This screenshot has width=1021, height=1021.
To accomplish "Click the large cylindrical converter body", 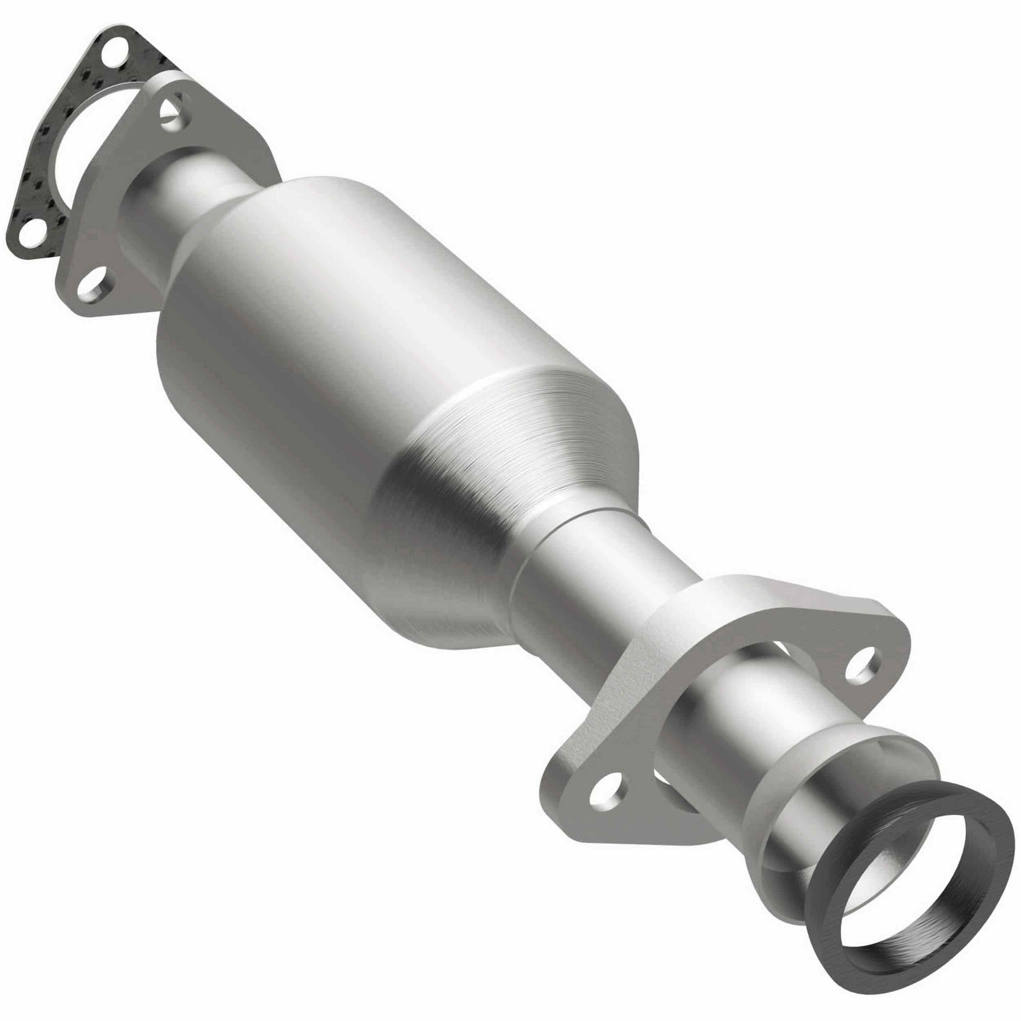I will click(x=338, y=343).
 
